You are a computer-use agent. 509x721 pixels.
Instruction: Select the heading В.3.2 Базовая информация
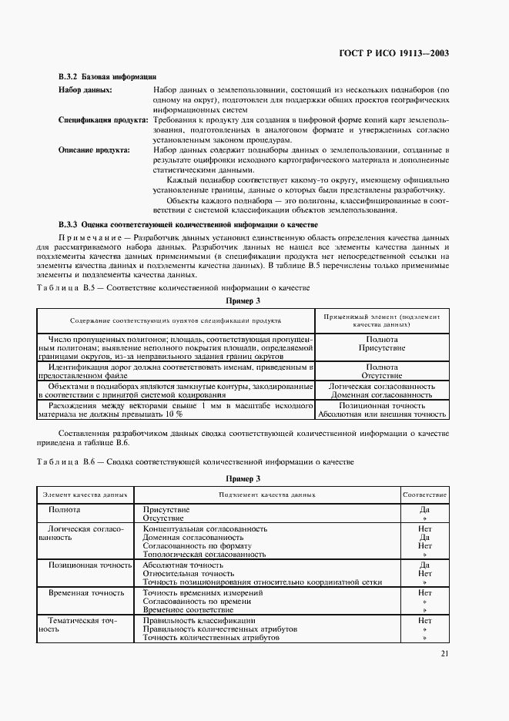(108, 77)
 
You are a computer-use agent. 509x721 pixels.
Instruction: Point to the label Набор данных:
(85, 90)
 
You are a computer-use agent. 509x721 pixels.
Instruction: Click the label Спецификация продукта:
(104, 120)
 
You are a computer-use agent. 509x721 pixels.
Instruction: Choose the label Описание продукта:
(94, 150)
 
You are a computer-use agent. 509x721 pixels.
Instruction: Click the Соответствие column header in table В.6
(424, 493)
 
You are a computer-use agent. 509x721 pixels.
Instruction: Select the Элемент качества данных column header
(85, 493)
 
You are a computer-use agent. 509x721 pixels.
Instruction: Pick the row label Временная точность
(86, 593)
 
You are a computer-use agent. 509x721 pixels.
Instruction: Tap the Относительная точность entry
(189, 573)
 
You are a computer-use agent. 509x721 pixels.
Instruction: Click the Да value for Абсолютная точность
(424, 565)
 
